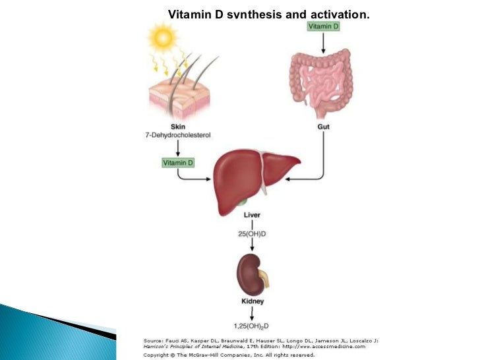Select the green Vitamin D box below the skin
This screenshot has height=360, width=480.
[178, 162]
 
